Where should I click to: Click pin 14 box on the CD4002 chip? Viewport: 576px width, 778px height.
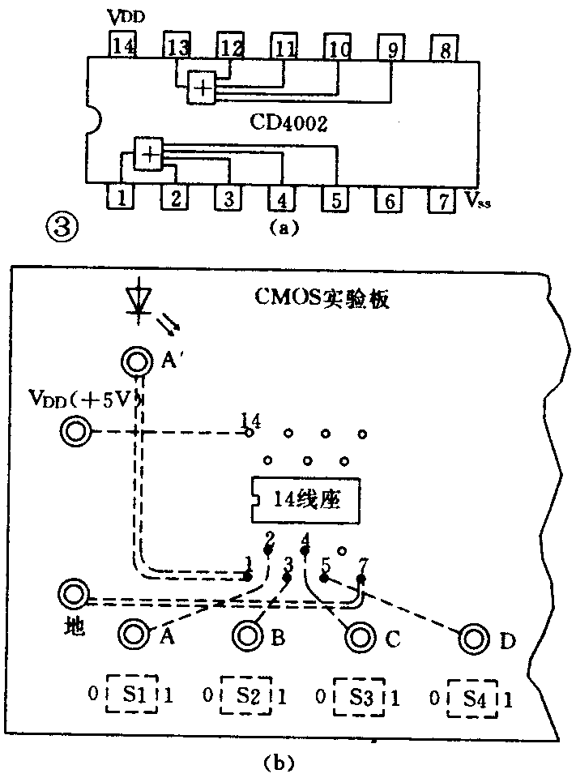[125, 46]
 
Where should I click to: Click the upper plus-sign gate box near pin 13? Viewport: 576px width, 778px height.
[202, 86]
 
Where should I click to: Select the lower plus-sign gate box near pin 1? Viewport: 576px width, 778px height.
[147, 153]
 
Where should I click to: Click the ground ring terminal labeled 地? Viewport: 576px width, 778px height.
[72, 595]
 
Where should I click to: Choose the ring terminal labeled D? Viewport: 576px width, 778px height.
[472, 639]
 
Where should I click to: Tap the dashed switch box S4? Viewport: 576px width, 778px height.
[472, 698]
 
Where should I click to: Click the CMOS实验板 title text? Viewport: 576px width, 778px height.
[331, 299]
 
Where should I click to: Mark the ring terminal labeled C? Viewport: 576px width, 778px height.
[359, 638]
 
